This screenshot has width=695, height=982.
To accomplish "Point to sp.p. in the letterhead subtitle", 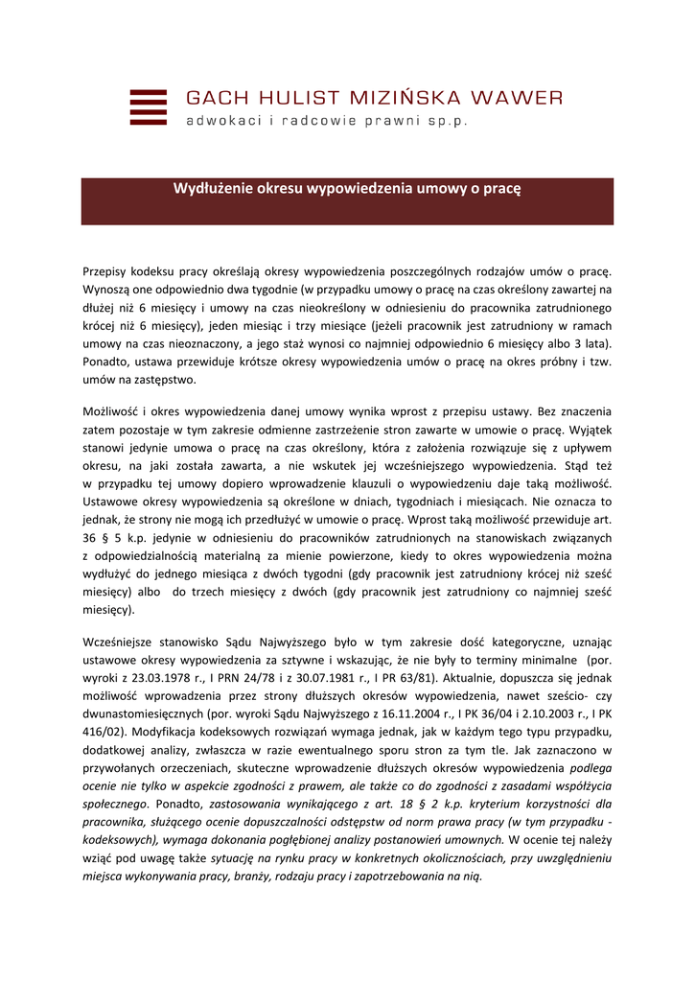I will (450, 122).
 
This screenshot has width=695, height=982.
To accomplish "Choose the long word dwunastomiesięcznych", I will (147, 713).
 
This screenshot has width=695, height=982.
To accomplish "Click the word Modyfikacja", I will (140, 732).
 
